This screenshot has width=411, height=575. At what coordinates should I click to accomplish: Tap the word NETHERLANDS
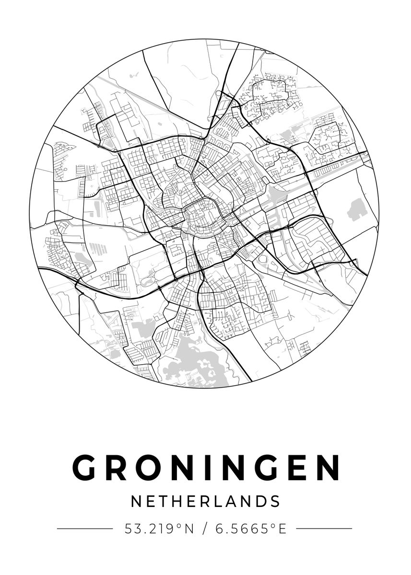tap(205, 501)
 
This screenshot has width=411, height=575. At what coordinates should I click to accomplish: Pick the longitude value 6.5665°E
tap(250, 529)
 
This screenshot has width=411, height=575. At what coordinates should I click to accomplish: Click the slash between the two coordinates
tap(205, 529)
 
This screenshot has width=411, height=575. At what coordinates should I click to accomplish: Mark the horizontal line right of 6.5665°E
tap(324, 529)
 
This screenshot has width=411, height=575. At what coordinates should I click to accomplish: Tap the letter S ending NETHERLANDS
tap(275, 501)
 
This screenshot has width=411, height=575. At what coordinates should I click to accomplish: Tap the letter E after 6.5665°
tap(282, 529)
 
